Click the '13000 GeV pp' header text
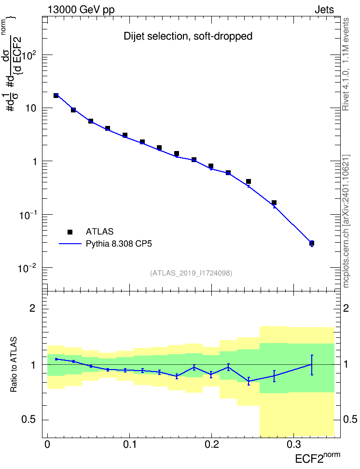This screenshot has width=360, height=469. coord(81,10)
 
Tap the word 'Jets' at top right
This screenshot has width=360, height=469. coord(324,10)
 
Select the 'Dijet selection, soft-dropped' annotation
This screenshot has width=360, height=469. coord(188,36)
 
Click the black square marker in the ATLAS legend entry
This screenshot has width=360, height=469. coord(70,232)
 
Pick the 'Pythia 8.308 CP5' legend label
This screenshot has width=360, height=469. coord(119,244)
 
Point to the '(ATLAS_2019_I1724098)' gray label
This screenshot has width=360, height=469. coord(191,273)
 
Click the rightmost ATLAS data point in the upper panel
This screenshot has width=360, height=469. coord(312,243)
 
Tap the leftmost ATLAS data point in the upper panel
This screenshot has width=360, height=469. coord(56,96)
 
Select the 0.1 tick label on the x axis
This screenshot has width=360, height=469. coord(130,444)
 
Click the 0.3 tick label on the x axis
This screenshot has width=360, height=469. coord(294,444)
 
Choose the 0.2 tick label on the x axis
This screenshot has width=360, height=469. coord(211,444)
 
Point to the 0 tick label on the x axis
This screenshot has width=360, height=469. coord(47,444)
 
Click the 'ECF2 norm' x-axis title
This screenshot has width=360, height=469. coord(318,458)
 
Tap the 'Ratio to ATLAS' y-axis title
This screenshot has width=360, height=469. coord(14,365)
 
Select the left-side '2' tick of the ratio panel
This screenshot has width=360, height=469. coord(33,308)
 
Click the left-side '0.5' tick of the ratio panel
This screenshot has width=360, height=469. coord(29,420)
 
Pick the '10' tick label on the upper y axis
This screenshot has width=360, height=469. coord(30,108)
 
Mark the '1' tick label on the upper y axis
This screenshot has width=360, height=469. coord(34,162)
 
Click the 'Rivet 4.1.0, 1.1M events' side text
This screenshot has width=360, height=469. coord(346,64)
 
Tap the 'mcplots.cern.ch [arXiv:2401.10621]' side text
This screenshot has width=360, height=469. coord(346,221)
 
